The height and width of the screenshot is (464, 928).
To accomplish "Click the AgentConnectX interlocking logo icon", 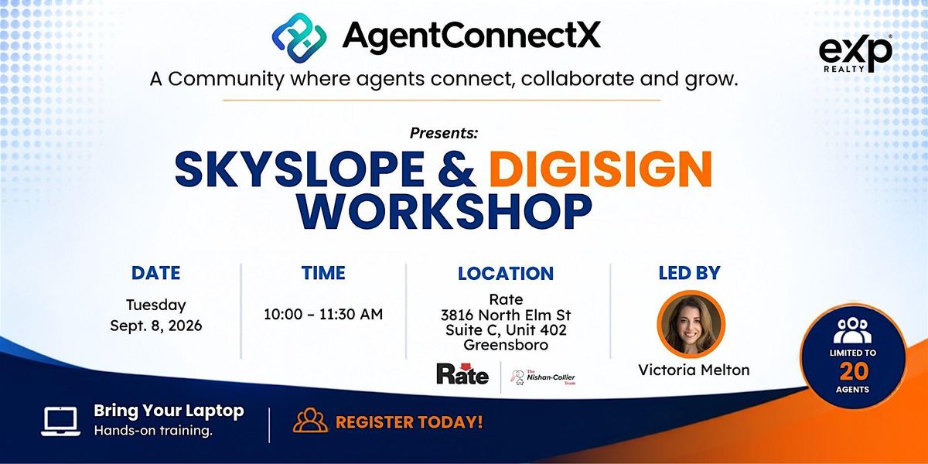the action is click(x=299, y=38).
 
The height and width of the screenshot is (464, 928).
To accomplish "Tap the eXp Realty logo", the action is click(x=855, y=54).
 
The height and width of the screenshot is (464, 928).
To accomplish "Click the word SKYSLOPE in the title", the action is click(x=300, y=169).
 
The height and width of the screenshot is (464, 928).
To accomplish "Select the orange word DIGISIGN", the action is click(x=603, y=169).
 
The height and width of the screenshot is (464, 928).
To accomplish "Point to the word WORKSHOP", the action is click(x=444, y=211).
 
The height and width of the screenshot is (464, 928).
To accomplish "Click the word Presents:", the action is click(x=444, y=133).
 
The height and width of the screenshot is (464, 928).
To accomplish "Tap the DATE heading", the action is click(x=155, y=273).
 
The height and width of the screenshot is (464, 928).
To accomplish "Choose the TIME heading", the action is click(x=323, y=273).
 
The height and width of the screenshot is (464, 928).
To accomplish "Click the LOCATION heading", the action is click(x=506, y=274).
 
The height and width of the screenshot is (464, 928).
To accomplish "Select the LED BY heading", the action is click(x=690, y=273).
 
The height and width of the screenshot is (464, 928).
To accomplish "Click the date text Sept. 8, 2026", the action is click(x=155, y=326).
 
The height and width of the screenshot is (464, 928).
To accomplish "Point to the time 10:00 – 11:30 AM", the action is click(x=323, y=314).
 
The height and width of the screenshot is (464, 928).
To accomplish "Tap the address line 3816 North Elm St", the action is click(x=506, y=316).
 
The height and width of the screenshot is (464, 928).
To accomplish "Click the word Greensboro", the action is click(x=506, y=345).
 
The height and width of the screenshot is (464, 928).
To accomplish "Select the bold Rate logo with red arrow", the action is click(x=462, y=374).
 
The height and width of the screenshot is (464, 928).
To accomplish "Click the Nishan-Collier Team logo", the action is click(x=543, y=377).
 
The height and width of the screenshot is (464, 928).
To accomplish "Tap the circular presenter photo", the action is click(x=691, y=324).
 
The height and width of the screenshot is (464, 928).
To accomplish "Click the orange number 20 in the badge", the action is click(x=853, y=371).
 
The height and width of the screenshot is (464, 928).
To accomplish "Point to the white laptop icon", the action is click(x=61, y=421).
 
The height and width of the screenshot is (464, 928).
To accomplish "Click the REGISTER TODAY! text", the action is click(x=409, y=422).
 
